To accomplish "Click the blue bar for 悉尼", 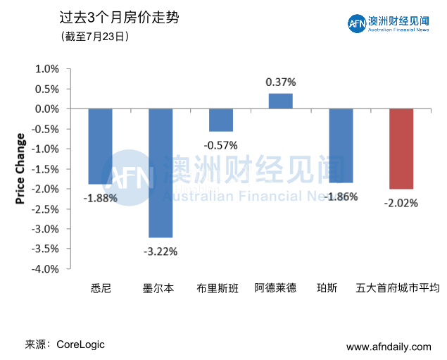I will (100, 146).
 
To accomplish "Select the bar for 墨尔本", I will (160, 173).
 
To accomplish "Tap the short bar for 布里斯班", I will (221, 120).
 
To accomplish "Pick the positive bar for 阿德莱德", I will (281, 101).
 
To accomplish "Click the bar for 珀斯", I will (341, 146).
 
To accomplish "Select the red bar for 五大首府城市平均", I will (401, 149).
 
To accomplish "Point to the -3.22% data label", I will (160, 251).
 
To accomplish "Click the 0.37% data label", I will (281, 82).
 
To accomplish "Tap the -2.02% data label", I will (401, 203).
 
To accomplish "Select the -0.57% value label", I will (221, 145).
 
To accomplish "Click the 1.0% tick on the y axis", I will (48, 69).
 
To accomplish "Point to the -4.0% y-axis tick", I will (46, 269).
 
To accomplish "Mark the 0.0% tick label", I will (48, 109).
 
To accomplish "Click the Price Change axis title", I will (20, 168).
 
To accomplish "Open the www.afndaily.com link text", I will (389, 347).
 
